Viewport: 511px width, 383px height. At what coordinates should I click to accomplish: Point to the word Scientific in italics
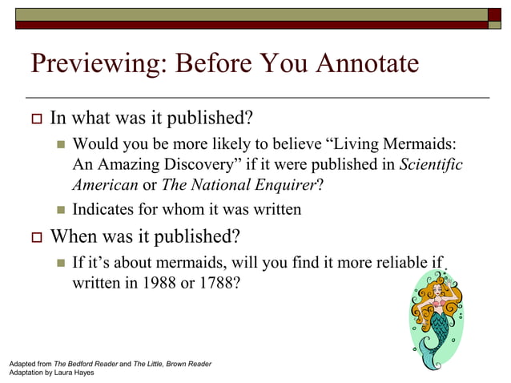pos(430,164)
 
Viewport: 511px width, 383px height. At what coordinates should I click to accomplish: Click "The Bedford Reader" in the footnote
pos(85,364)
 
